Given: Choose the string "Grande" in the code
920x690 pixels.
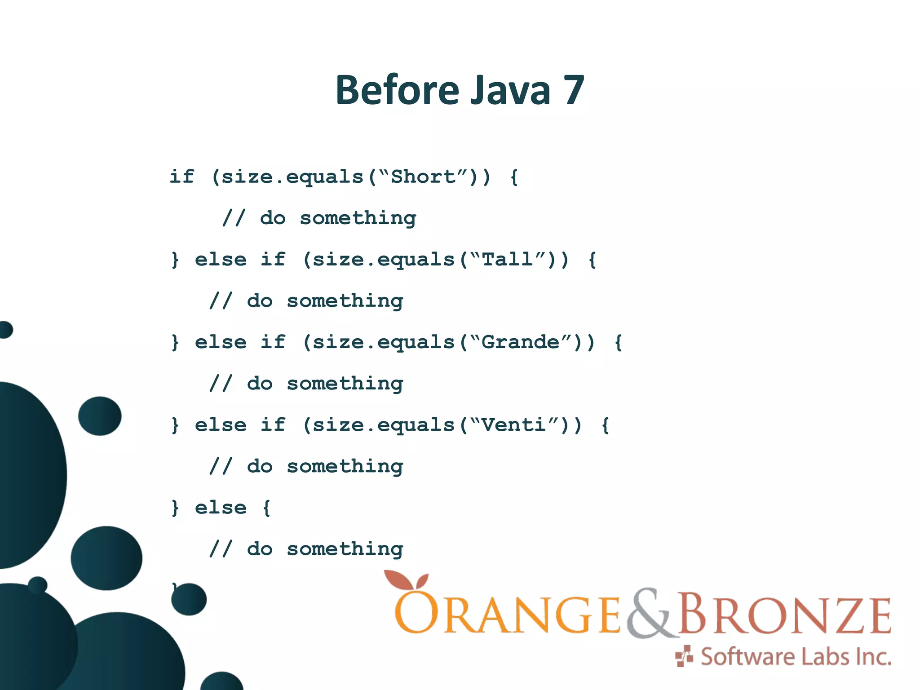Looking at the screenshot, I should tap(521, 342).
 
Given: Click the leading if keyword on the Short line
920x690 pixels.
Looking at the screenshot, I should tap(181, 177).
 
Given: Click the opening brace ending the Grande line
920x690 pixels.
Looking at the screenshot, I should tap(618, 342).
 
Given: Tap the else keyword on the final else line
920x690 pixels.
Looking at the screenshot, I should tap(221, 508).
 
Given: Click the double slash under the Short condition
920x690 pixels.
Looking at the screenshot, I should tap(234, 218).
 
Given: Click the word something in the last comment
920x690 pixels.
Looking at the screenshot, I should tap(345, 549).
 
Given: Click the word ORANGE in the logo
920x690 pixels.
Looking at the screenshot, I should tap(508, 615).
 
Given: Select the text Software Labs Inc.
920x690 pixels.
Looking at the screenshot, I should tap(796, 657).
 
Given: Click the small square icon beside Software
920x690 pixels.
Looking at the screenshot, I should tap(684, 656).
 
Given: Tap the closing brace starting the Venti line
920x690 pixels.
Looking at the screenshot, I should tap(175, 425).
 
